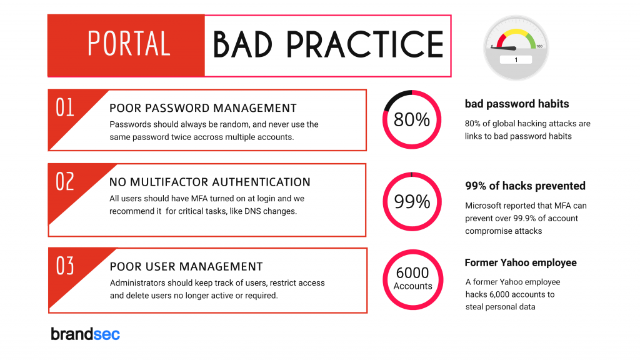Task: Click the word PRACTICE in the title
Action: [365, 44]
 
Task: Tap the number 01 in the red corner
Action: [65, 107]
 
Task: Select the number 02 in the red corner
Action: [65, 182]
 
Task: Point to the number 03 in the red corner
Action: [65, 266]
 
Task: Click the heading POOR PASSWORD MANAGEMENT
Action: [203, 108]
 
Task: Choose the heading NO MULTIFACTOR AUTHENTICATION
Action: [210, 182]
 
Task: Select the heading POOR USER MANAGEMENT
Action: [186, 266]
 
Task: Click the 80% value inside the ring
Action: [412, 119]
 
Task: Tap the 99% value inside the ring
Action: [412, 202]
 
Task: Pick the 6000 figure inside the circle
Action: [412, 272]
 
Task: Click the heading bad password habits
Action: [517, 104]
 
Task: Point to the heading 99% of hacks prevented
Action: [525, 186]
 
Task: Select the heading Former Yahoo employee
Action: [521, 262]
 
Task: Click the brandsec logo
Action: [85, 334]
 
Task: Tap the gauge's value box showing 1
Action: [516, 59]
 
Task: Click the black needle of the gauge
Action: [504, 48]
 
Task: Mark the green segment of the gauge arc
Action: [530, 40]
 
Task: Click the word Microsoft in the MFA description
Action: [485, 206]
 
